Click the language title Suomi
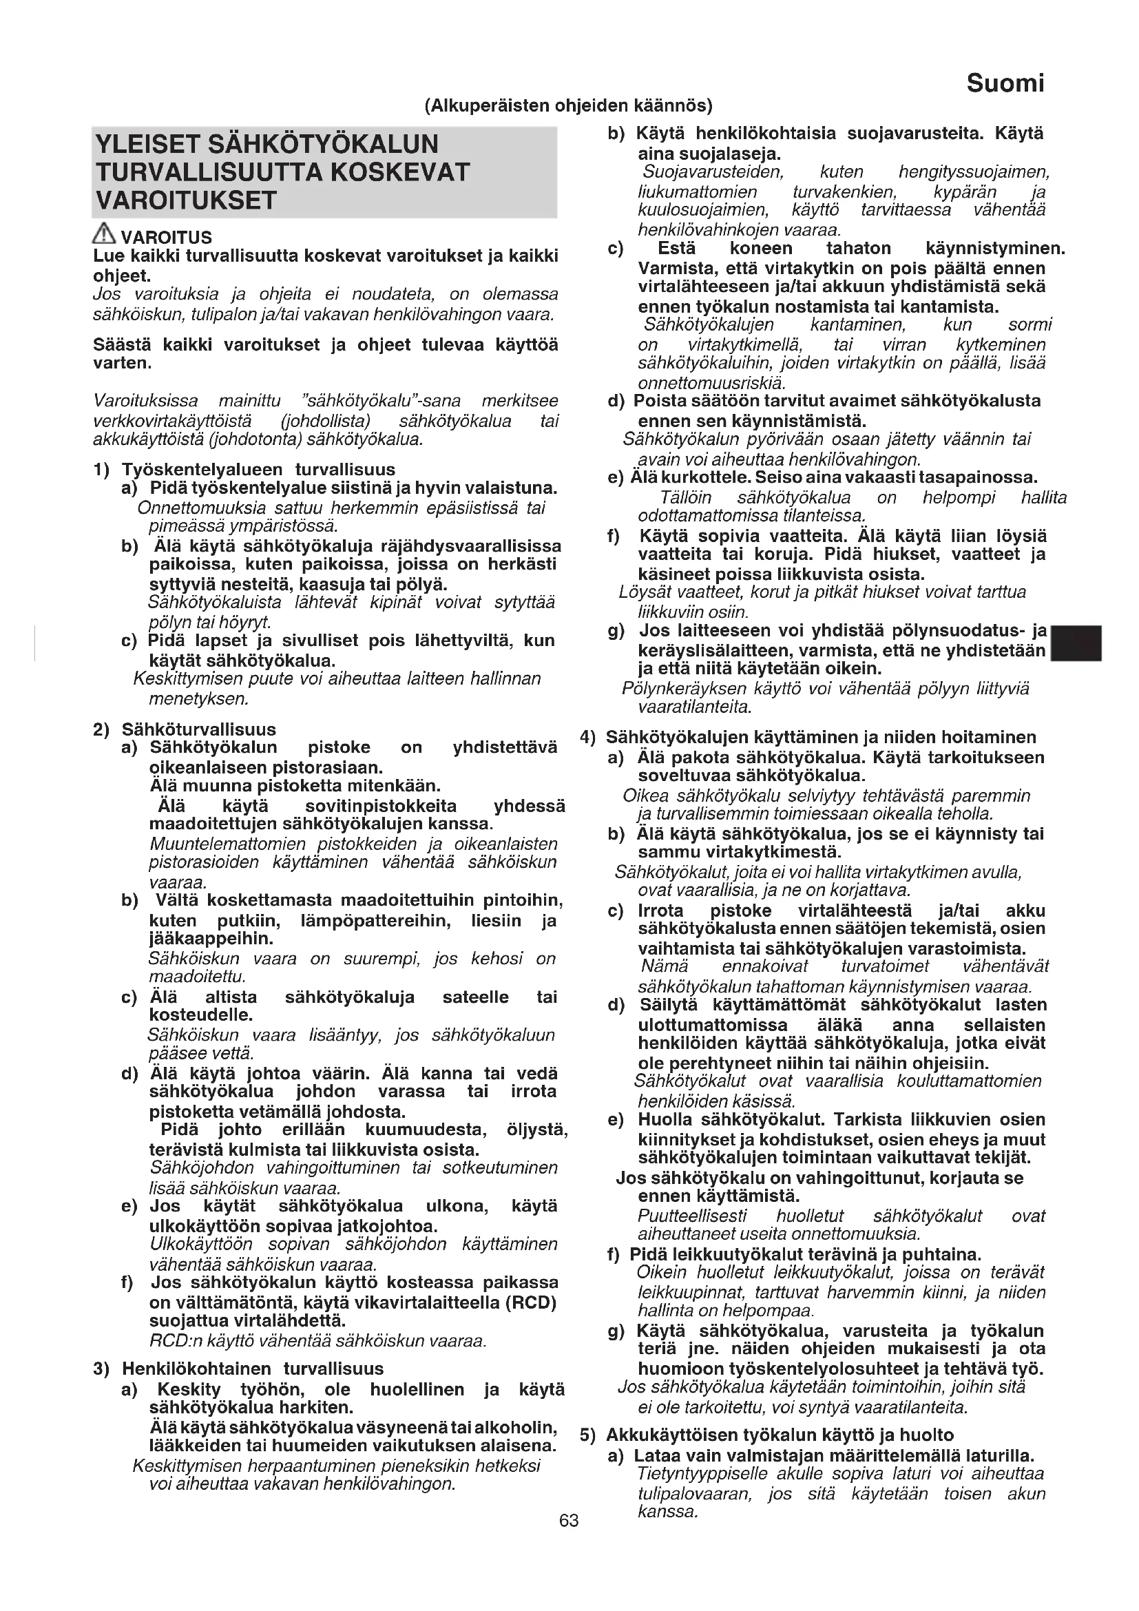pyautogui.click(x=1004, y=83)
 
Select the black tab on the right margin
pyautogui.click(x=1076, y=643)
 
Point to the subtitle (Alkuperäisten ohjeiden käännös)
pyautogui.click(x=568, y=106)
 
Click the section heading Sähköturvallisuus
pyautogui.click(x=198, y=729)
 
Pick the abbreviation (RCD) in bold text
pyautogui.click(x=530, y=1303)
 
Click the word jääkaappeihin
pyautogui.click(x=211, y=938)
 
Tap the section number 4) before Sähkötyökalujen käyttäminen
pyautogui.click(x=587, y=738)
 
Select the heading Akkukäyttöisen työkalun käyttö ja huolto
pyautogui.click(x=780, y=1435)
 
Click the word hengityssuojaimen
pyautogui.click(x=974, y=173)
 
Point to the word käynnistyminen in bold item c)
pyautogui.click(x=994, y=249)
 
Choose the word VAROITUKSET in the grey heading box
pyautogui.click(x=186, y=200)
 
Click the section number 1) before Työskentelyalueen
pyautogui.click(x=101, y=470)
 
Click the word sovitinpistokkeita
pyautogui.click(x=381, y=807)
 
